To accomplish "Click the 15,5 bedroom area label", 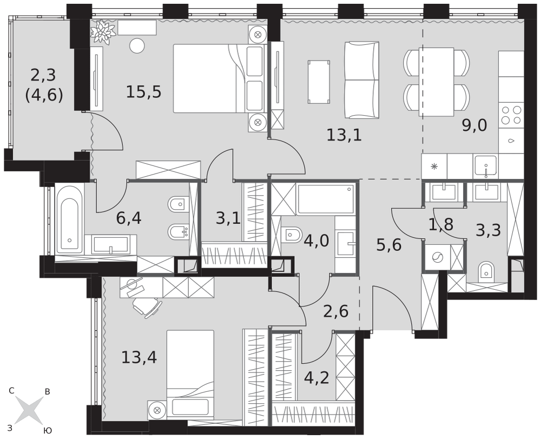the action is coord(143,92).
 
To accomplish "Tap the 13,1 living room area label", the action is coord(344,135).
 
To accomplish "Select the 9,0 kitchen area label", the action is coord(474,125).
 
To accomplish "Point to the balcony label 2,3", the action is coord(43,75).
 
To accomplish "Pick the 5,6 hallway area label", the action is coord(388,245).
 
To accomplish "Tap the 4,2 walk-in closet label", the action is coord(316,378).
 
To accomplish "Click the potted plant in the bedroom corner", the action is coord(103,31).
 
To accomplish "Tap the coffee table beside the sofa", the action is coord(319,82).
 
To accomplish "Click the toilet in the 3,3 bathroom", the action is coord(487,271).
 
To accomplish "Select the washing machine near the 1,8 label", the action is coord(437,257).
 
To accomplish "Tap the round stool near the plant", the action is coord(137,46).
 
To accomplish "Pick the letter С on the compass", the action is coord(12,391).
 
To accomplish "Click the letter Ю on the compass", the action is coord(48,430).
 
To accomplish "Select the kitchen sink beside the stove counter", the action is coord(485,166).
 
